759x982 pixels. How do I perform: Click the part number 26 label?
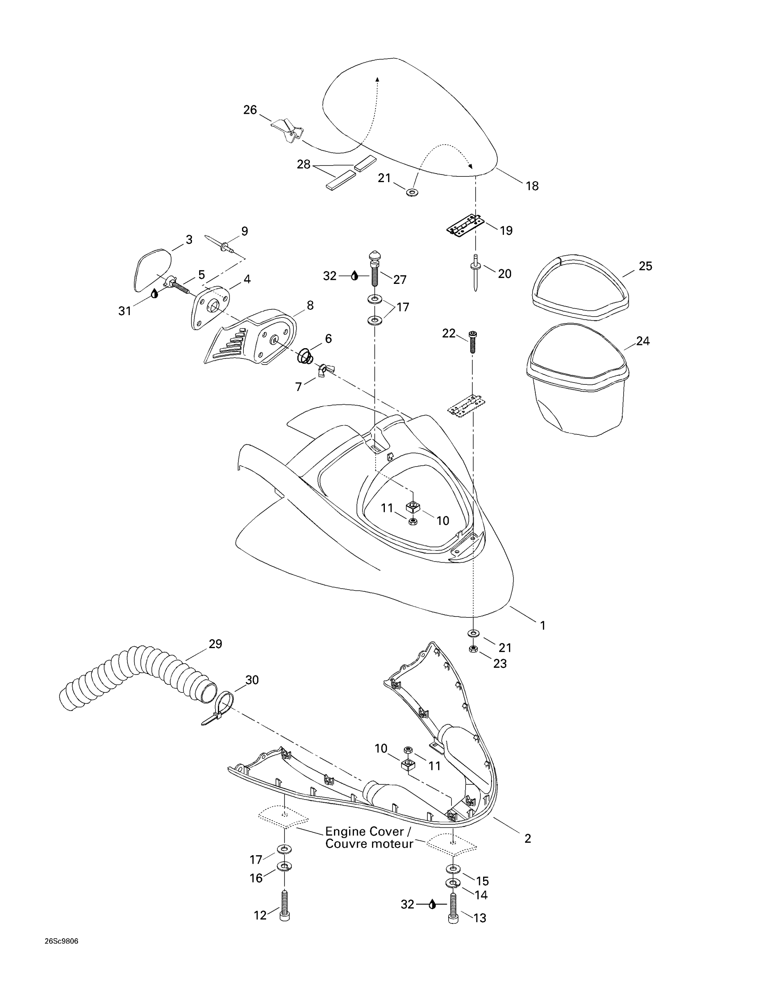(x=250, y=110)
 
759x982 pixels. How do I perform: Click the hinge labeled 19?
(x=465, y=225)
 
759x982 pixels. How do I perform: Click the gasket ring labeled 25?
(x=580, y=288)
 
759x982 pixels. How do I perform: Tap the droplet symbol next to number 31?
(x=154, y=294)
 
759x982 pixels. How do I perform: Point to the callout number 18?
(x=532, y=186)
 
